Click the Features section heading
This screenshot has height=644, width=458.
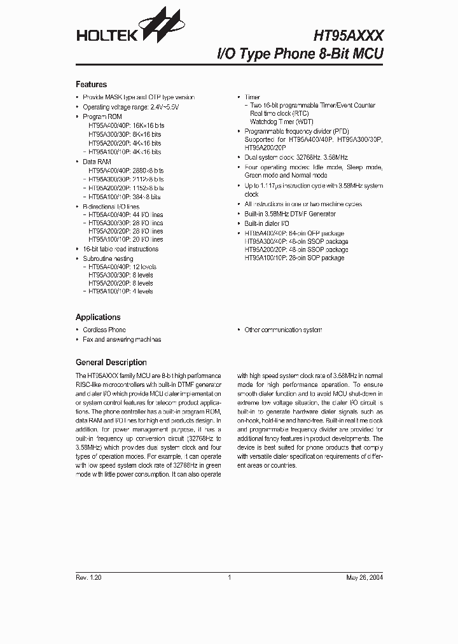tap(91, 85)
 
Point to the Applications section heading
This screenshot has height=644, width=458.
tap(98, 317)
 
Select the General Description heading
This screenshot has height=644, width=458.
tap(111, 362)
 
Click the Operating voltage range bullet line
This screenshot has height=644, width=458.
tap(131, 108)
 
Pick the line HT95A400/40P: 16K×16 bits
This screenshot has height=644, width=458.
tap(125, 127)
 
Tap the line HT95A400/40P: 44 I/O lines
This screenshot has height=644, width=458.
tap(125, 215)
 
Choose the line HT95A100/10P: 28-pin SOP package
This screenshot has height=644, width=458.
tap(295, 258)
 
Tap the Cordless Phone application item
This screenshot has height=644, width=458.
tap(104, 330)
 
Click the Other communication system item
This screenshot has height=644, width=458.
tap(283, 330)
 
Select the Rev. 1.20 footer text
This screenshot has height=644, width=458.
tap(88, 578)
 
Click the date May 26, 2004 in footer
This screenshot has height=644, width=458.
tap(364, 578)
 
